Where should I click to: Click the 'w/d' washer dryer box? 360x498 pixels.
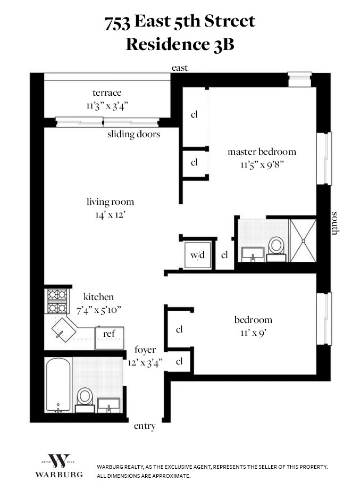pyautogui.click(x=197, y=255)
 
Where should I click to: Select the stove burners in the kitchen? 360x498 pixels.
pyautogui.click(x=57, y=301)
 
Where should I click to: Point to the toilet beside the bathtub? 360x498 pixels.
pyautogui.click(x=85, y=397)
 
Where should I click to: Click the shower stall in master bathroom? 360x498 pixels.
pyautogui.click(x=303, y=240)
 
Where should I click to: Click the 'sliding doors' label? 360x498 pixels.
pyautogui.click(x=133, y=134)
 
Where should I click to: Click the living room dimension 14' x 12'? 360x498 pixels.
pyautogui.click(x=110, y=214)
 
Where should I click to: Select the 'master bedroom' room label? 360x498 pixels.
pyautogui.click(x=262, y=152)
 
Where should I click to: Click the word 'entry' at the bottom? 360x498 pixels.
pyautogui.click(x=145, y=426)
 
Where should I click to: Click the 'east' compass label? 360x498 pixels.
pyautogui.click(x=179, y=68)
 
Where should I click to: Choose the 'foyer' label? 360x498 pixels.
pyautogui.click(x=145, y=350)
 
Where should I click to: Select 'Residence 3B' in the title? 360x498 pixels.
pyautogui.click(x=180, y=44)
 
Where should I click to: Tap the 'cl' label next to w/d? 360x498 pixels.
pyautogui.click(x=224, y=255)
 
